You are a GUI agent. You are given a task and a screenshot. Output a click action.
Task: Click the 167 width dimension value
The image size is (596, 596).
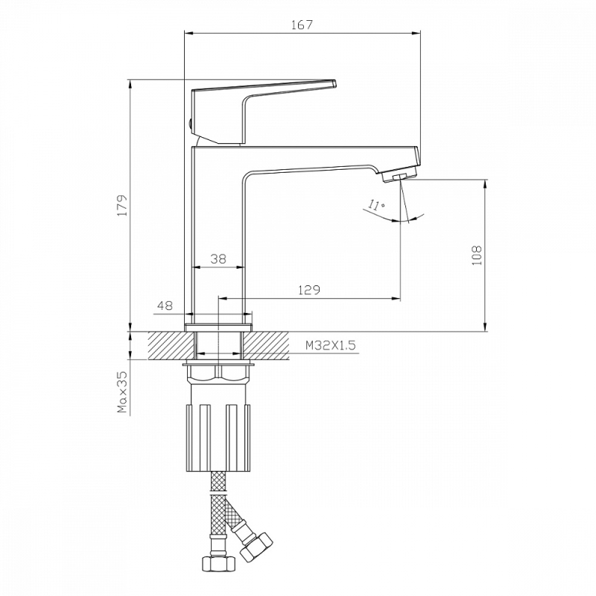click(302, 24)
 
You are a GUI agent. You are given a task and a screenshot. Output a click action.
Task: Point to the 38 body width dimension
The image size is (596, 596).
click(218, 259)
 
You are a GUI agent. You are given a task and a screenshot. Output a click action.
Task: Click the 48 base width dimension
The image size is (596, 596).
click(165, 305)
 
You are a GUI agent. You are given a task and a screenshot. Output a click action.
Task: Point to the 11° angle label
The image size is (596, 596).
click(375, 206)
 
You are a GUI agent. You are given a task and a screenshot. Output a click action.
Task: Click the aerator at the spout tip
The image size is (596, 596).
click(399, 177)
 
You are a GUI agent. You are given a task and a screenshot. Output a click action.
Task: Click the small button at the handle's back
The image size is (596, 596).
click(189, 124)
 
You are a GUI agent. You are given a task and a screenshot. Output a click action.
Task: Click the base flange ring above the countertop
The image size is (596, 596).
click(218, 327)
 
